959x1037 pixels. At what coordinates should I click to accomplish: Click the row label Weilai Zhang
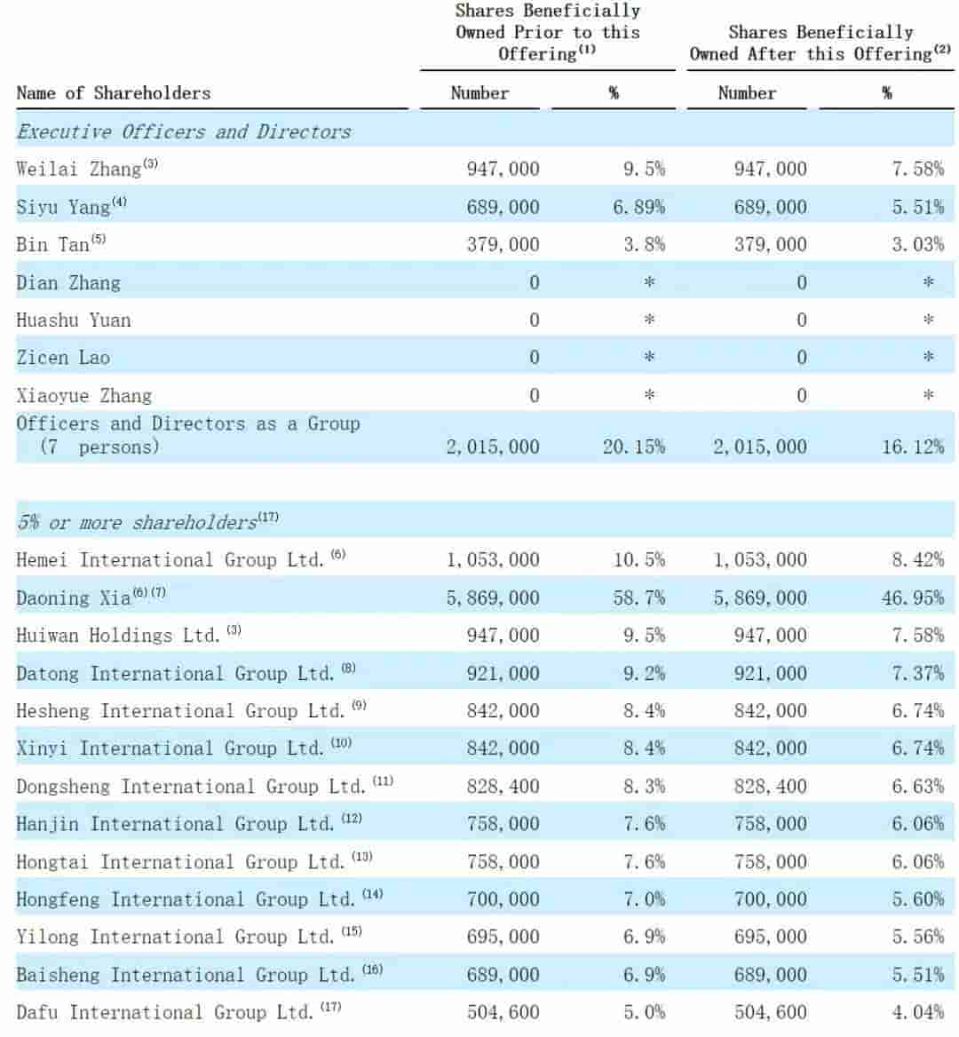pyautogui.click(x=79, y=169)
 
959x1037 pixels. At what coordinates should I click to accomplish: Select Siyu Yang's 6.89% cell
pyautogui.click(x=638, y=207)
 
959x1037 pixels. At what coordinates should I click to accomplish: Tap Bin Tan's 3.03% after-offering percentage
pyautogui.click(x=917, y=244)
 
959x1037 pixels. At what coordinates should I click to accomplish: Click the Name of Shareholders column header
pyautogui.click(x=114, y=93)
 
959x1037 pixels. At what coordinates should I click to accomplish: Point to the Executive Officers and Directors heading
pyautogui.click(x=184, y=131)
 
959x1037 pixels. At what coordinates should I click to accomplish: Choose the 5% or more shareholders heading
pyautogui.click(x=138, y=522)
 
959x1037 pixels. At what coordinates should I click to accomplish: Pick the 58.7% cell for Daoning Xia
pyautogui.click(x=638, y=598)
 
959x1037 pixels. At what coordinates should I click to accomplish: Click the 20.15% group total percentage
pyautogui.click(x=633, y=447)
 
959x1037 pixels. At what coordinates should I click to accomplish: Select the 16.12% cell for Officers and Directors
pyautogui.click(x=913, y=447)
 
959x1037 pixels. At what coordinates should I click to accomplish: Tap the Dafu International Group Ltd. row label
pyautogui.click(x=164, y=1012)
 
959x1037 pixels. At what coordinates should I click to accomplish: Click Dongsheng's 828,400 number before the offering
pyautogui.click(x=503, y=786)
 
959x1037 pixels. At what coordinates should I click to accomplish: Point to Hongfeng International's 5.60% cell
pyautogui.click(x=917, y=899)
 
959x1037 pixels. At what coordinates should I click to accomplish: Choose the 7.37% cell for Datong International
pyautogui.click(x=917, y=673)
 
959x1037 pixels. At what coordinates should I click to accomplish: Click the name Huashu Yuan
pyautogui.click(x=74, y=321)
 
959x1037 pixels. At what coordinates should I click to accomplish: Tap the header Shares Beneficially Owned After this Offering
pyautogui.click(x=820, y=43)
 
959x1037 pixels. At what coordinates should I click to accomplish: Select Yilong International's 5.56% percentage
pyautogui.click(x=917, y=937)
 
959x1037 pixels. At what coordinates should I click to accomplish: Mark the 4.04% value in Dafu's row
pyautogui.click(x=917, y=1012)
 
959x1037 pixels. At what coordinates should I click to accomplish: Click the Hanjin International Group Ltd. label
pyautogui.click(x=175, y=824)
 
